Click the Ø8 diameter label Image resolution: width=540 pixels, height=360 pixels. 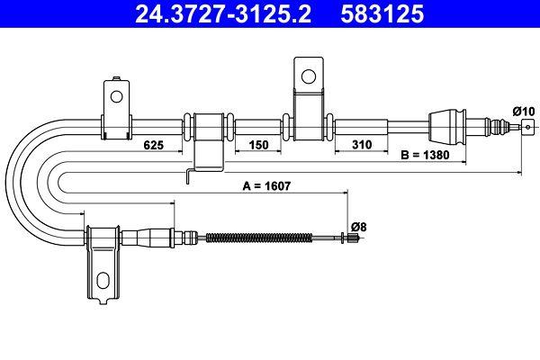357,226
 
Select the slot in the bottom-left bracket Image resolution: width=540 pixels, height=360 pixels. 103,278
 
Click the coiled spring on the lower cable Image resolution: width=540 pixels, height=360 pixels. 252,238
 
